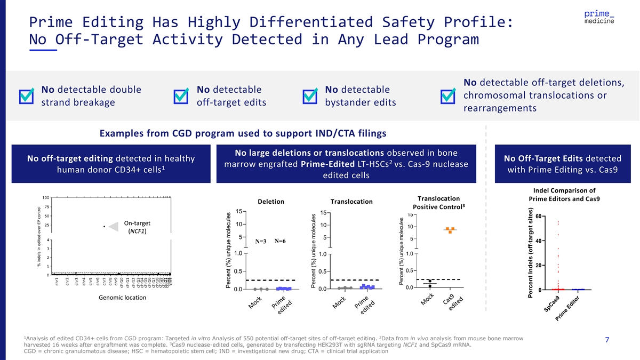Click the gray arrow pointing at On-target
coord(113,227)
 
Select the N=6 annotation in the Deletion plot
coord(281,241)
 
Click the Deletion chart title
coord(271,202)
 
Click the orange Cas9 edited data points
coord(450,230)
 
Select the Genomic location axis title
coord(122,297)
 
